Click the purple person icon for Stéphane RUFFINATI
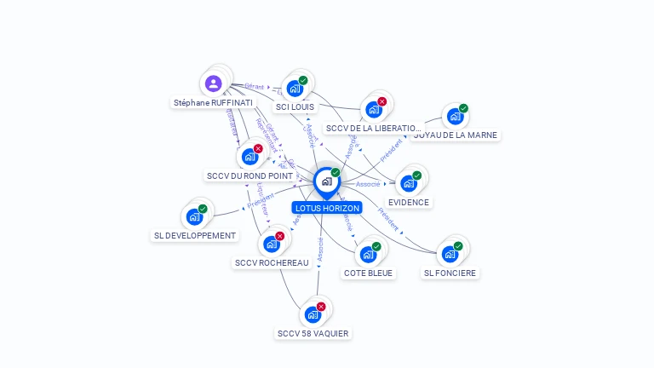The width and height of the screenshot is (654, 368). click(x=214, y=83)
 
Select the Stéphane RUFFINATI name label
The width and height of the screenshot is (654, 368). click(x=213, y=102)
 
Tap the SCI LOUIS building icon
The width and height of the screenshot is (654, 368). click(x=295, y=88)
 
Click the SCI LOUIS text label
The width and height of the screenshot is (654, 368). click(x=295, y=107)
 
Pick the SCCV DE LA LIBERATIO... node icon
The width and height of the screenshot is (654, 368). click(x=373, y=109)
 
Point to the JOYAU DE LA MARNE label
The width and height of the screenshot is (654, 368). click(x=456, y=135)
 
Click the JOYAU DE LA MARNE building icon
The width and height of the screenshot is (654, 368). click(x=455, y=116)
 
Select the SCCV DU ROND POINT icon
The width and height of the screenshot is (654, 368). click(x=250, y=156)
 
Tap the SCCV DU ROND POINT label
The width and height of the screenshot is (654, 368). click(x=250, y=176)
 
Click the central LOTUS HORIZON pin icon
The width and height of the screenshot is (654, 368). click(x=326, y=181)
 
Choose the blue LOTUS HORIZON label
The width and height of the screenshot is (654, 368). click(x=327, y=208)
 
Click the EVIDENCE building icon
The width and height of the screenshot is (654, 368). click(x=409, y=183)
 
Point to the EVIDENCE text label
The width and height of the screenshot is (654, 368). click(x=409, y=203)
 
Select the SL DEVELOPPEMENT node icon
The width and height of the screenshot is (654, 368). click(x=194, y=216)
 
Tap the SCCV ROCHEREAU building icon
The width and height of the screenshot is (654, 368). click(x=271, y=244)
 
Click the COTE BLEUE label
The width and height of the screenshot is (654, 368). click(x=368, y=273)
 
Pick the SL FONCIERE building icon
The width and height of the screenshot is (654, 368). click(x=450, y=254)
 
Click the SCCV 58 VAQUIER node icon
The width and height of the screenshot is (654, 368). click(x=313, y=314)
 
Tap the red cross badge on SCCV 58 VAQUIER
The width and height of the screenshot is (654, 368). click(x=321, y=307)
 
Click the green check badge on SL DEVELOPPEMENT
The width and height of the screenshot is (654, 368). click(x=203, y=209)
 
